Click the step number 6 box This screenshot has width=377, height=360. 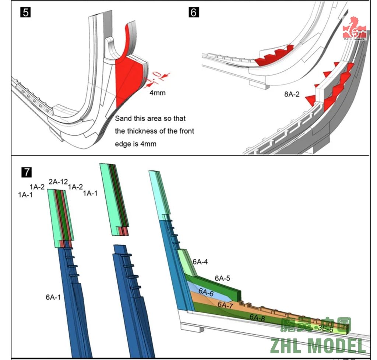[194, 12]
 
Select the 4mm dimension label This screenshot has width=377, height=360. [157, 93]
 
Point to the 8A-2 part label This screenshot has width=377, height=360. [292, 94]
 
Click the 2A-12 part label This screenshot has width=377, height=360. [58, 181]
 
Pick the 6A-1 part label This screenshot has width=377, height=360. [53, 297]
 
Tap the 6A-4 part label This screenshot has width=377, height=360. [200, 262]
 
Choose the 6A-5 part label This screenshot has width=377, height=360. [222, 278]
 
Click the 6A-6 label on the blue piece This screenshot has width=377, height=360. [206, 292]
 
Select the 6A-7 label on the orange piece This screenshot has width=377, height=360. [225, 305]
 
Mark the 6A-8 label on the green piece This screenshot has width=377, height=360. [257, 317]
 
